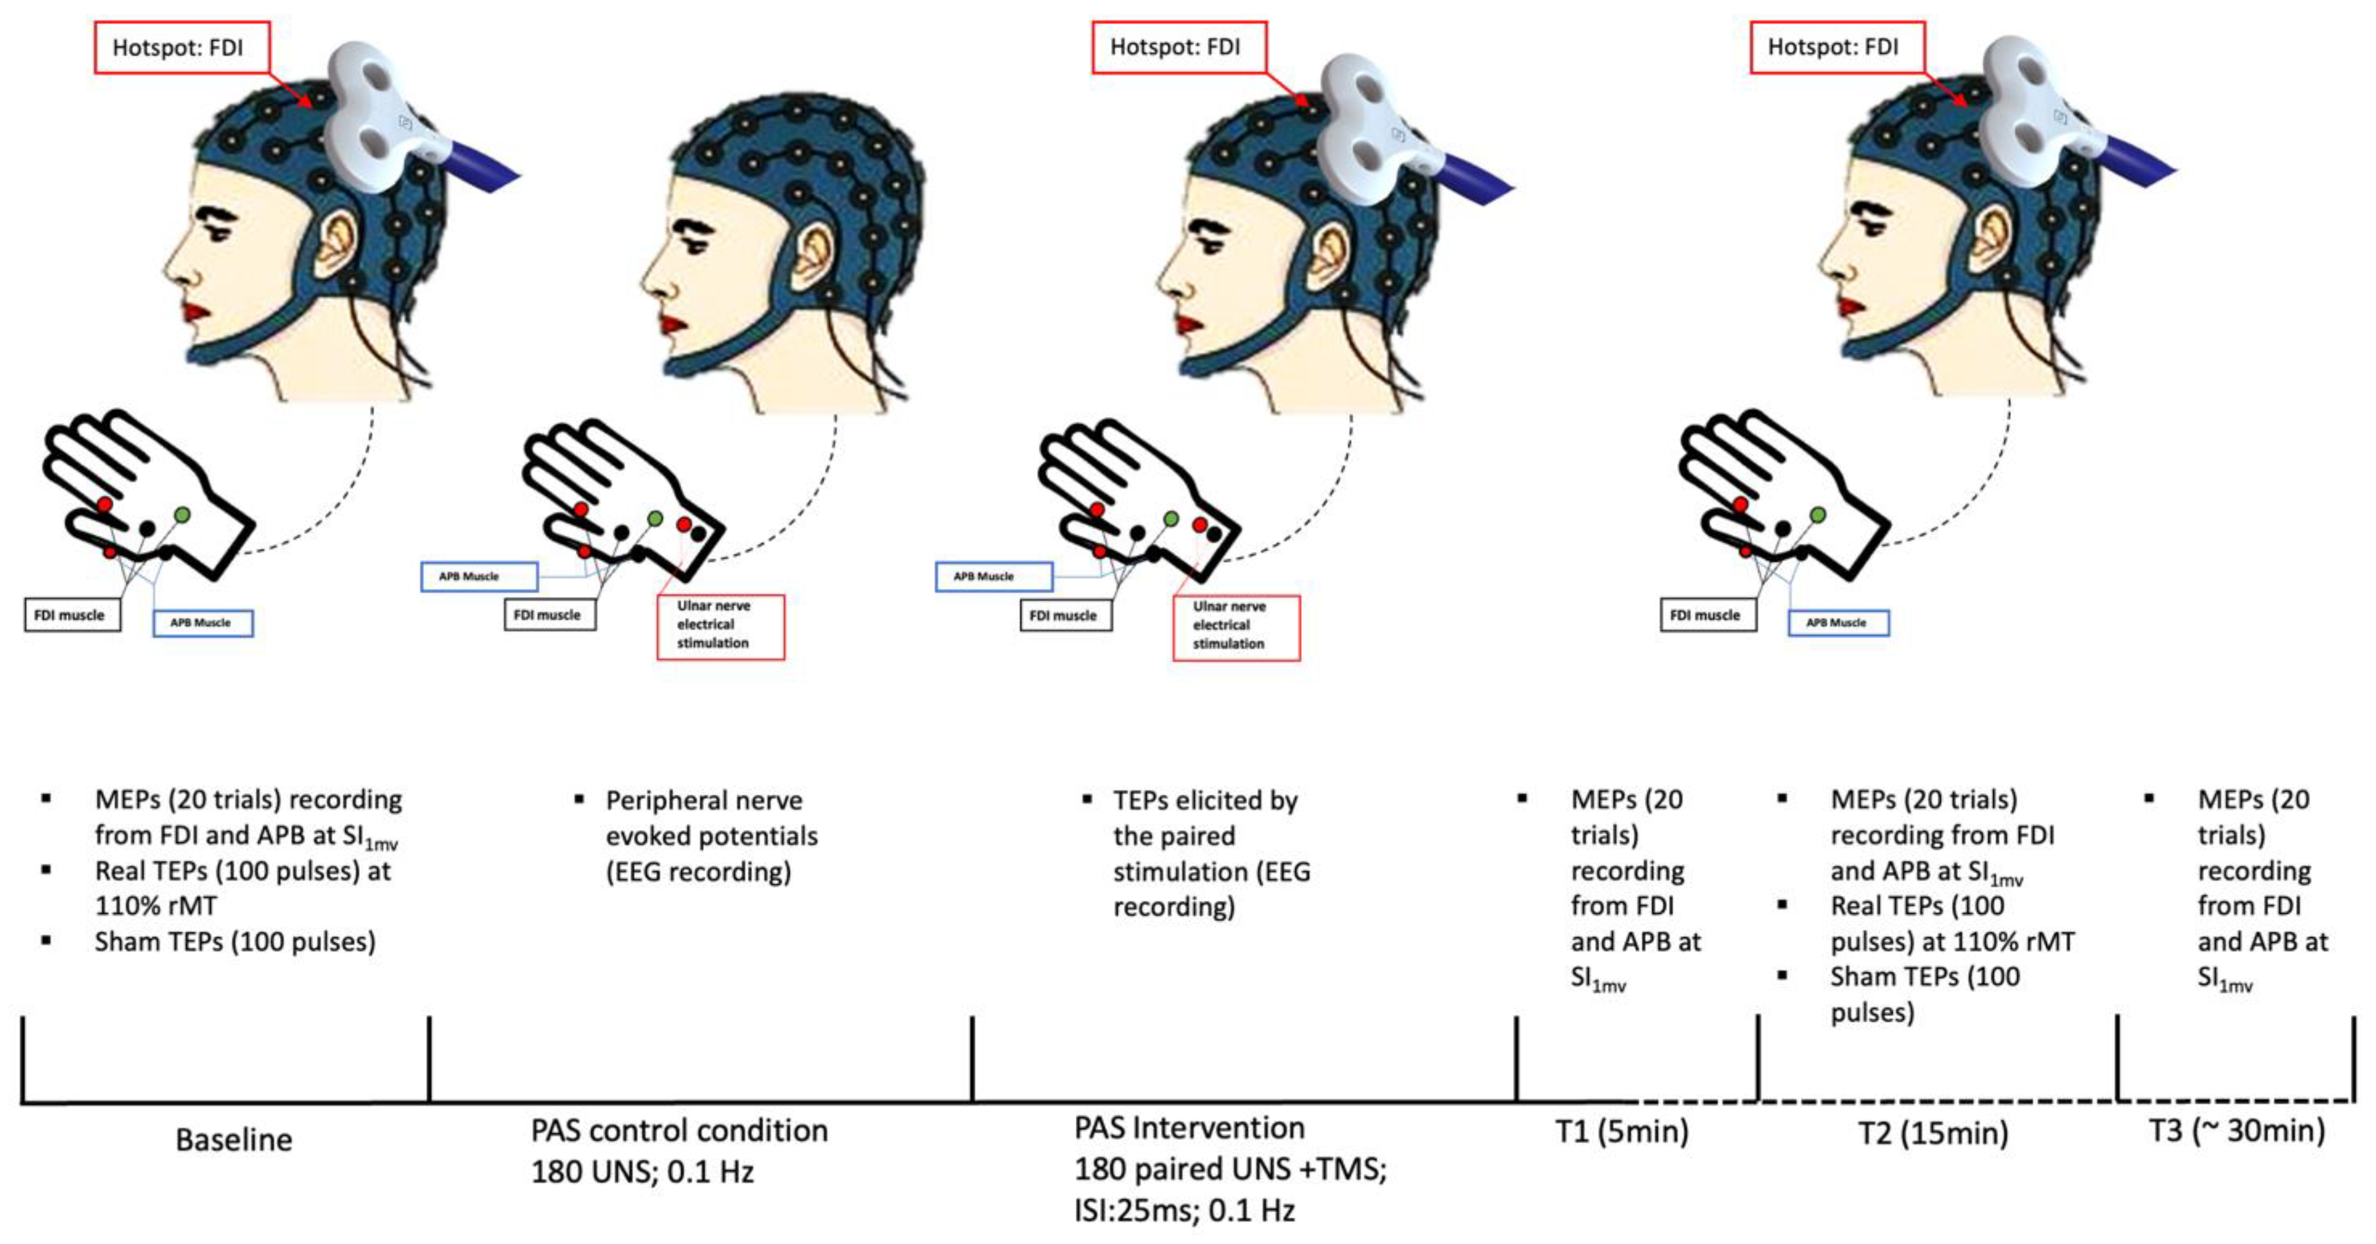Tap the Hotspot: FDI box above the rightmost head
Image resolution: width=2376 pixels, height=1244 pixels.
click(1837, 47)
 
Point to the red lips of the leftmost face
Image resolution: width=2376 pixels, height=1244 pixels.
click(195, 311)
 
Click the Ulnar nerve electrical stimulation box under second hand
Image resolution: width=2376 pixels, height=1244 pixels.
click(720, 626)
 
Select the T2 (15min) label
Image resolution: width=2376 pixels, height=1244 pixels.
click(1933, 1132)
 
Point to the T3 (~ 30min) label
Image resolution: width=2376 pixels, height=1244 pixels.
click(2236, 1130)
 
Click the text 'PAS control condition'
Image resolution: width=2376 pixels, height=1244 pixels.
click(679, 1130)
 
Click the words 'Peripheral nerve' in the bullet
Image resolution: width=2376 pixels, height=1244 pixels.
click(704, 801)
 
